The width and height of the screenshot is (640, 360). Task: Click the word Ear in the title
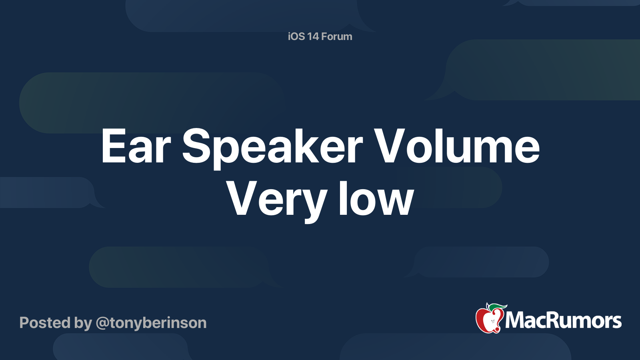[136, 146]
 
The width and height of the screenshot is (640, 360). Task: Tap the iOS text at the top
[296, 36]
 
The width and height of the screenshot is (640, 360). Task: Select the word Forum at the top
[336, 36]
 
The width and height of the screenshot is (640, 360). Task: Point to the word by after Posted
[83, 324]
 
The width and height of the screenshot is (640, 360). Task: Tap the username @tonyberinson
[151, 324]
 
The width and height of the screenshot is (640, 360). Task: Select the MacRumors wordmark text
[563, 320]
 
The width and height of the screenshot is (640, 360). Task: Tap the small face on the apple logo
[492, 321]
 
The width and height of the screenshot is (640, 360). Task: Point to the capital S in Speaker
[196, 146]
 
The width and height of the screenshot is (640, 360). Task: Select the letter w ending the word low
[396, 202]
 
